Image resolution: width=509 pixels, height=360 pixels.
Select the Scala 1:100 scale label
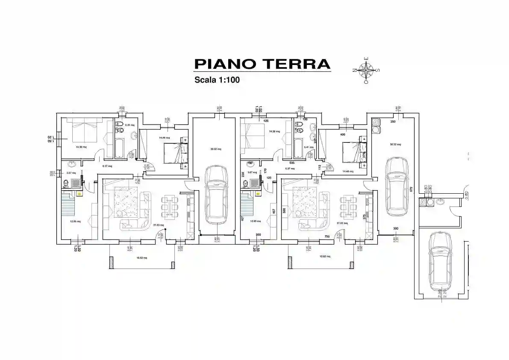coord(217,80)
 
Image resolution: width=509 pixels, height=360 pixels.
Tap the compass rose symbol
coord(366,70)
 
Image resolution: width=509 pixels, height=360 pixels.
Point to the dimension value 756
coord(327,236)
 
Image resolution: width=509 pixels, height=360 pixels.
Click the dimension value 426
coord(266,121)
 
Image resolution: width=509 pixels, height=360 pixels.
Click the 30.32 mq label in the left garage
coord(216,149)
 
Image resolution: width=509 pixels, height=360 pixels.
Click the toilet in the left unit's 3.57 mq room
coord(65,184)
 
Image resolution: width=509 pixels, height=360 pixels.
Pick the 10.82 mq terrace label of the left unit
coord(141,258)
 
